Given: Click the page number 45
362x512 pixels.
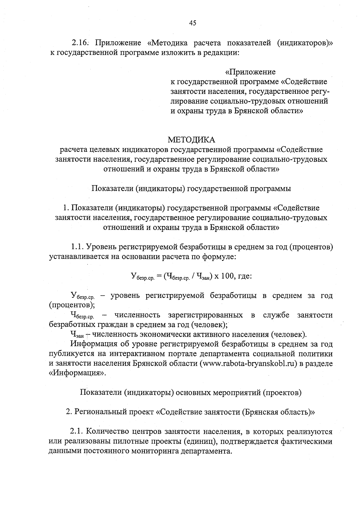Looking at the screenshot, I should tap(192, 23).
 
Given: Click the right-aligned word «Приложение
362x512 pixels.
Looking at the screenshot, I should tap(250, 72).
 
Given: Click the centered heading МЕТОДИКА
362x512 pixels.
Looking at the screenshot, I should tap(192, 140).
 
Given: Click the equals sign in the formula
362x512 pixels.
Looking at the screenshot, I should tap(159, 276).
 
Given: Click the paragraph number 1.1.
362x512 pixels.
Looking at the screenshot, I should tap(78, 248).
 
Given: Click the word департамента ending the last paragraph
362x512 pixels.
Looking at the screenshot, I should tap(206, 451).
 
